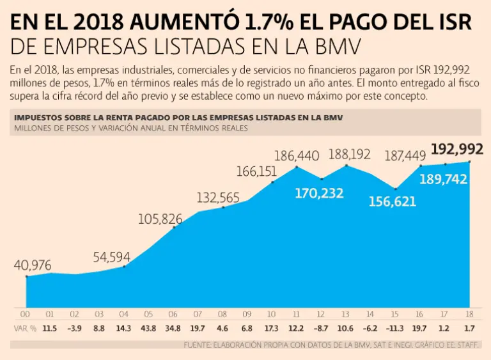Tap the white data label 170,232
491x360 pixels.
tap(319, 192)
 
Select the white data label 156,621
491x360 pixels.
tap(393, 201)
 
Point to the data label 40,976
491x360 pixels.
tap(32, 265)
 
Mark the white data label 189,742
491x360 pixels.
tap(444, 180)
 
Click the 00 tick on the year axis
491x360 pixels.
tap(26, 314)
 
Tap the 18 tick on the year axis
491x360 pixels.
tap(469, 314)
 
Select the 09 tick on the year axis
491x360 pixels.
tap(247, 314)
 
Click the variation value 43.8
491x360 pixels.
tap(148, 328)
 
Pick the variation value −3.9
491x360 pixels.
tap(74, 328)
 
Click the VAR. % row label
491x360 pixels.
tap(24, 328)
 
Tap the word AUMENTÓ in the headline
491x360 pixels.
tap(169, 23)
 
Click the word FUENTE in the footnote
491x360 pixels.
tap(198, 345)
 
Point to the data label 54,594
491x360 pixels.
tap(111, 258)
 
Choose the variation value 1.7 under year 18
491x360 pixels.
tap(469, 328)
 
